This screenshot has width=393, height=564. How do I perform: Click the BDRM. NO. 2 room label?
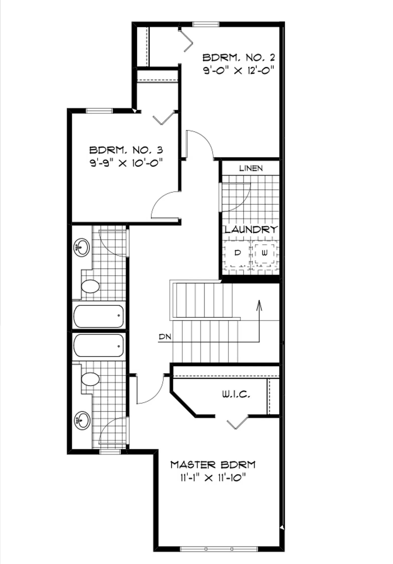[x=239, y=58]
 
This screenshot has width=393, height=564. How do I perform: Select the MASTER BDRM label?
[x=213, y=465]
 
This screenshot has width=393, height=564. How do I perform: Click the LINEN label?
[x=251, y=168]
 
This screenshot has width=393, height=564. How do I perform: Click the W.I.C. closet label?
[x=236, y=395]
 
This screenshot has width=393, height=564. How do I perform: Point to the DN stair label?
[x=165, y=337]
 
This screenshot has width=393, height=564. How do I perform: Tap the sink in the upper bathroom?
[x=82, y=248]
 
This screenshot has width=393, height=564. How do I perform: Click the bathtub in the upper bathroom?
[x=99, y=316]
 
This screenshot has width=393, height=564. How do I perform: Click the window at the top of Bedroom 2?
[x=206, y=24]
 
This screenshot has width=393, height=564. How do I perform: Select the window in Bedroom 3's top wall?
[x=99, y=111]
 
